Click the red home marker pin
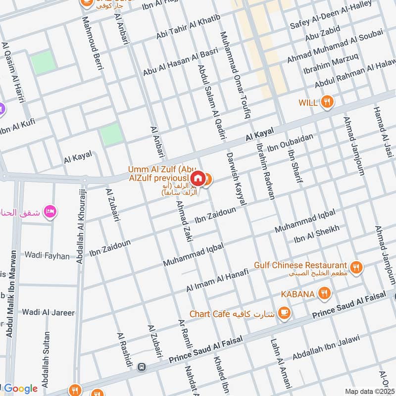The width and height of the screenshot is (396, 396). pyautogui.click(x=198, y=178)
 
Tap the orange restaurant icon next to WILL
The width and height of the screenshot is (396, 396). pyautogui.click(x=326, y=102)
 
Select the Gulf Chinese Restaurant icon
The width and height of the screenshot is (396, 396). pyautogui.click(x=355, y=268)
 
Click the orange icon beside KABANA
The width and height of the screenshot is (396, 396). pyautogui.click(x=324, y=294)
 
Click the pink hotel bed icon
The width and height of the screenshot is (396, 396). pyautogui.click(x=50, y=212)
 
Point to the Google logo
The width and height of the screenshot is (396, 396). pyautogui.click(x=21, y=389)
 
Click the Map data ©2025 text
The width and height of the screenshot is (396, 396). pyautogui.click(x=369, y=392)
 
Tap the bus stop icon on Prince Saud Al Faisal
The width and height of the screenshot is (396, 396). pyautogui.click(x=142, y=367)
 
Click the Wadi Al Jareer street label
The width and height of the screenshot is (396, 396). pyautogui.click(x=48, y=312)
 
